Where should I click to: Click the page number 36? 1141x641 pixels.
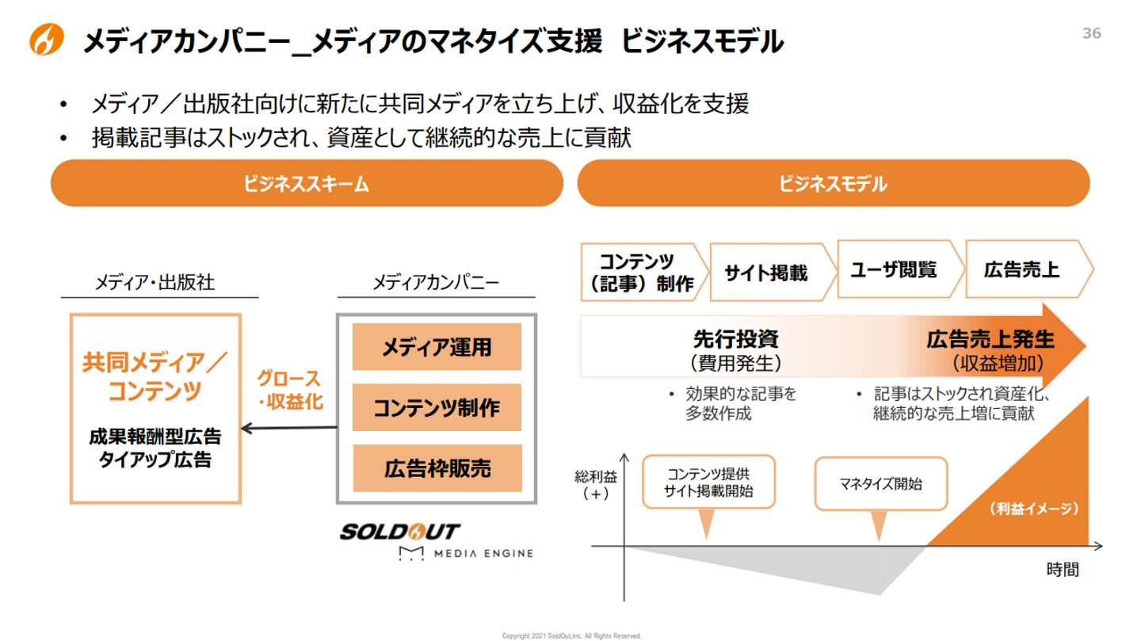1091,33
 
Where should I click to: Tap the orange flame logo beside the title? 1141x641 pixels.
46,39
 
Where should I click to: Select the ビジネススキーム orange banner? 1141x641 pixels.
307,183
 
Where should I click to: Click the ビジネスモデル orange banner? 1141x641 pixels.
834,183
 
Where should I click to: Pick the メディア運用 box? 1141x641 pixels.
437,346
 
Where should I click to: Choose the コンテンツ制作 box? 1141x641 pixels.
437,407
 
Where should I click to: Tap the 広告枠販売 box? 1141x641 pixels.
437,467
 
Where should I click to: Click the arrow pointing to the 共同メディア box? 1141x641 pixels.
288,428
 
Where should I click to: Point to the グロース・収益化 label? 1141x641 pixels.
290,390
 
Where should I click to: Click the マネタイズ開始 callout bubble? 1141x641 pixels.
881,483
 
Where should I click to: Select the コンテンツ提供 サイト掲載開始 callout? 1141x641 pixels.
708,482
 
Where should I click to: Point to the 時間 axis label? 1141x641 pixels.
1063,569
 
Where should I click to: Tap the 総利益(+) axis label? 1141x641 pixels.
596,485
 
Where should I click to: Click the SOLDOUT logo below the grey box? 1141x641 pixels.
400,532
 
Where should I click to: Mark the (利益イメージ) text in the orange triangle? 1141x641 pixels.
1034,509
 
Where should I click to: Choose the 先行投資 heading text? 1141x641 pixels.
735,339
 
